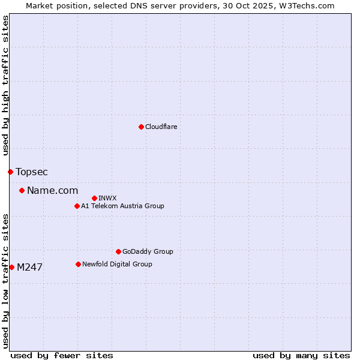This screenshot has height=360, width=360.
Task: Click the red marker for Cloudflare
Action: [141, 127]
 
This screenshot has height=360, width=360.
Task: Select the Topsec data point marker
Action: [10, 172]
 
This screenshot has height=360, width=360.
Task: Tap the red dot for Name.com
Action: [22, 191]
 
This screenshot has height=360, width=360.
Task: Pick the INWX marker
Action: [94, 198]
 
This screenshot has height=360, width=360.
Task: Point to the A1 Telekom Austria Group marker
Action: [77, 206]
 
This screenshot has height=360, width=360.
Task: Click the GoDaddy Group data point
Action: [118, 252]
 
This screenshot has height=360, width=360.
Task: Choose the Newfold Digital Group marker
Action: [78, 264]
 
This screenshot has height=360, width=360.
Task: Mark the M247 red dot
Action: [11, 268]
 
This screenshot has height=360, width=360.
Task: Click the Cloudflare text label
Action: [161, 127]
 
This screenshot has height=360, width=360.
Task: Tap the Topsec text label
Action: [32, 172]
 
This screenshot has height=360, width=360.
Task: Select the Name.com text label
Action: [53, 191]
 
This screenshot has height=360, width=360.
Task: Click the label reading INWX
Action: [107, 198]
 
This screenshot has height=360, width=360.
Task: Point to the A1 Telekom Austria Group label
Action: [122, 206]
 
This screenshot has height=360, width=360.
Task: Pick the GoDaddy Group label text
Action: [148, 252]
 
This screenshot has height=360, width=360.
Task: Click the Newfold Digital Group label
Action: [117, 264]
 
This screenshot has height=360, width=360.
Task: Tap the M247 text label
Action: [29, 268]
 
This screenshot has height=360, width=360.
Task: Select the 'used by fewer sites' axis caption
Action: [62, 355]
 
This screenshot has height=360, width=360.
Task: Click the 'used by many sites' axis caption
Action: [301, 355]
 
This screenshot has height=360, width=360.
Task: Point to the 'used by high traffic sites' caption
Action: [5, 85]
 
